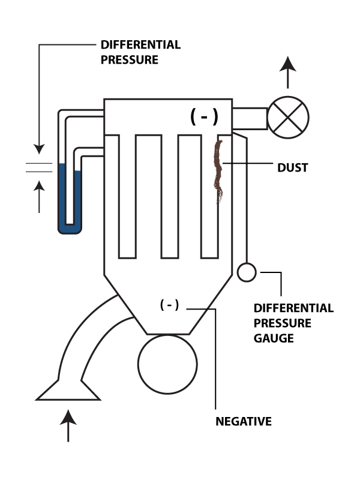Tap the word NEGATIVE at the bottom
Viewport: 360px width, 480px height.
click(243, 421)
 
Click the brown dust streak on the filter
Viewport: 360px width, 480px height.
click(219, 170)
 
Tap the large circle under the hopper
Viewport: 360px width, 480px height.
click(167, 363)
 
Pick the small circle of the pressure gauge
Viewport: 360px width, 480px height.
click(246, 272)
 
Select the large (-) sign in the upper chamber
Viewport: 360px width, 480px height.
click(204, 116)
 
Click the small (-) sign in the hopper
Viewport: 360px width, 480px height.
click(169, 305)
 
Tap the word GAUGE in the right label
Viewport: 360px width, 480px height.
click(273, 338)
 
